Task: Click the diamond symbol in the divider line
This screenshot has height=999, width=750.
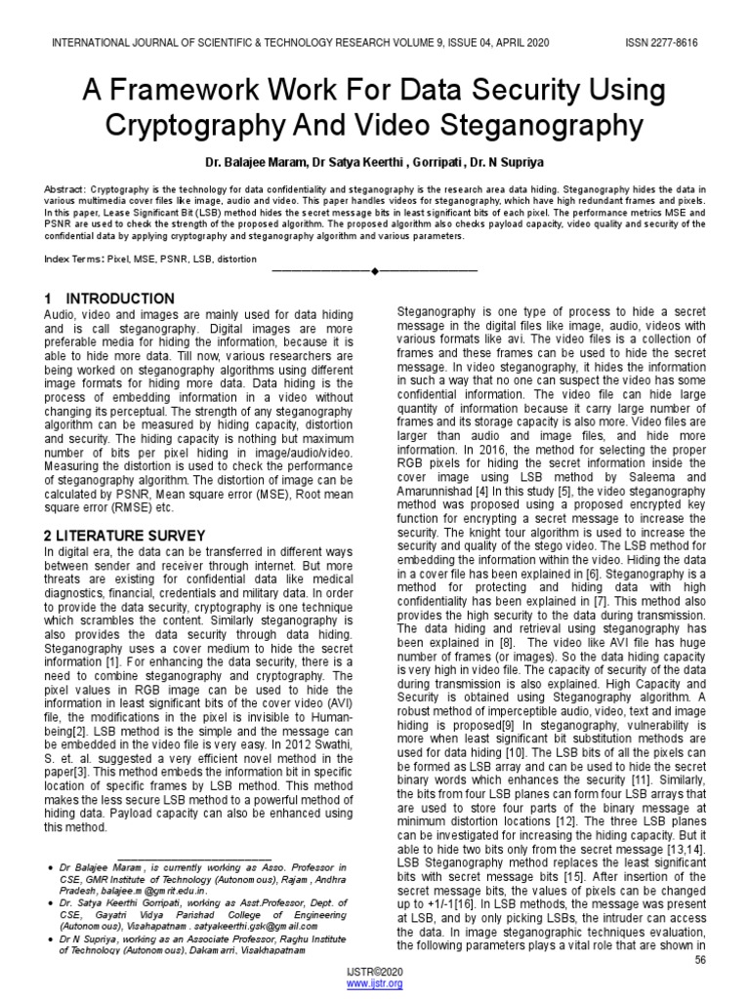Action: (374, 269)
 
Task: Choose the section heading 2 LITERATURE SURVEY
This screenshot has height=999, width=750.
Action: (125, 536)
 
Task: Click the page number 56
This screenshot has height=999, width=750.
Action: (699, 961)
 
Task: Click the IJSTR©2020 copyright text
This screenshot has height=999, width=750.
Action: (374, 974)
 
